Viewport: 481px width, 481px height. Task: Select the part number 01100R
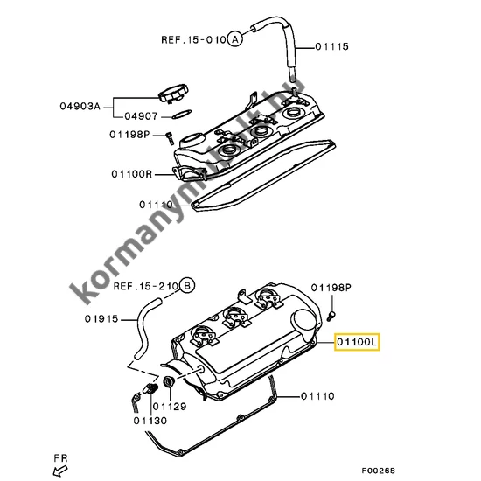coord(132,173)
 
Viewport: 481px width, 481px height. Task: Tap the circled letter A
coord(235,39)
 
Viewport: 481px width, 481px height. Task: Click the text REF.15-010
coord(192,40)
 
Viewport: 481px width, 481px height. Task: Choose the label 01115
coord(331,46)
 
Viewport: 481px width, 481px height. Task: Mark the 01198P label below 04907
coord(131,135)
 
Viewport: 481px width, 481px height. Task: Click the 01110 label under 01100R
coord(156,205)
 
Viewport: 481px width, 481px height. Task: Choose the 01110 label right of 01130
coord(318,396)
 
